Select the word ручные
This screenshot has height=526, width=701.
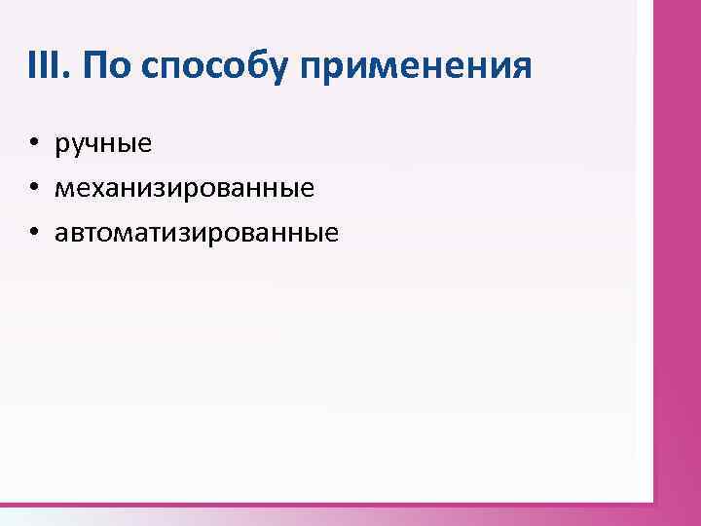pos(103,146)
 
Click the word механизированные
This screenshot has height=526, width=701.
pos(184,189)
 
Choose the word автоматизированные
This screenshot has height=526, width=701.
pos(196,234)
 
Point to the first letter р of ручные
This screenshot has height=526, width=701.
pos(61,148)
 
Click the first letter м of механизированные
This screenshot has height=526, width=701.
pos(63,190)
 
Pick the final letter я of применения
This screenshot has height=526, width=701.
pos(523,70)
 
